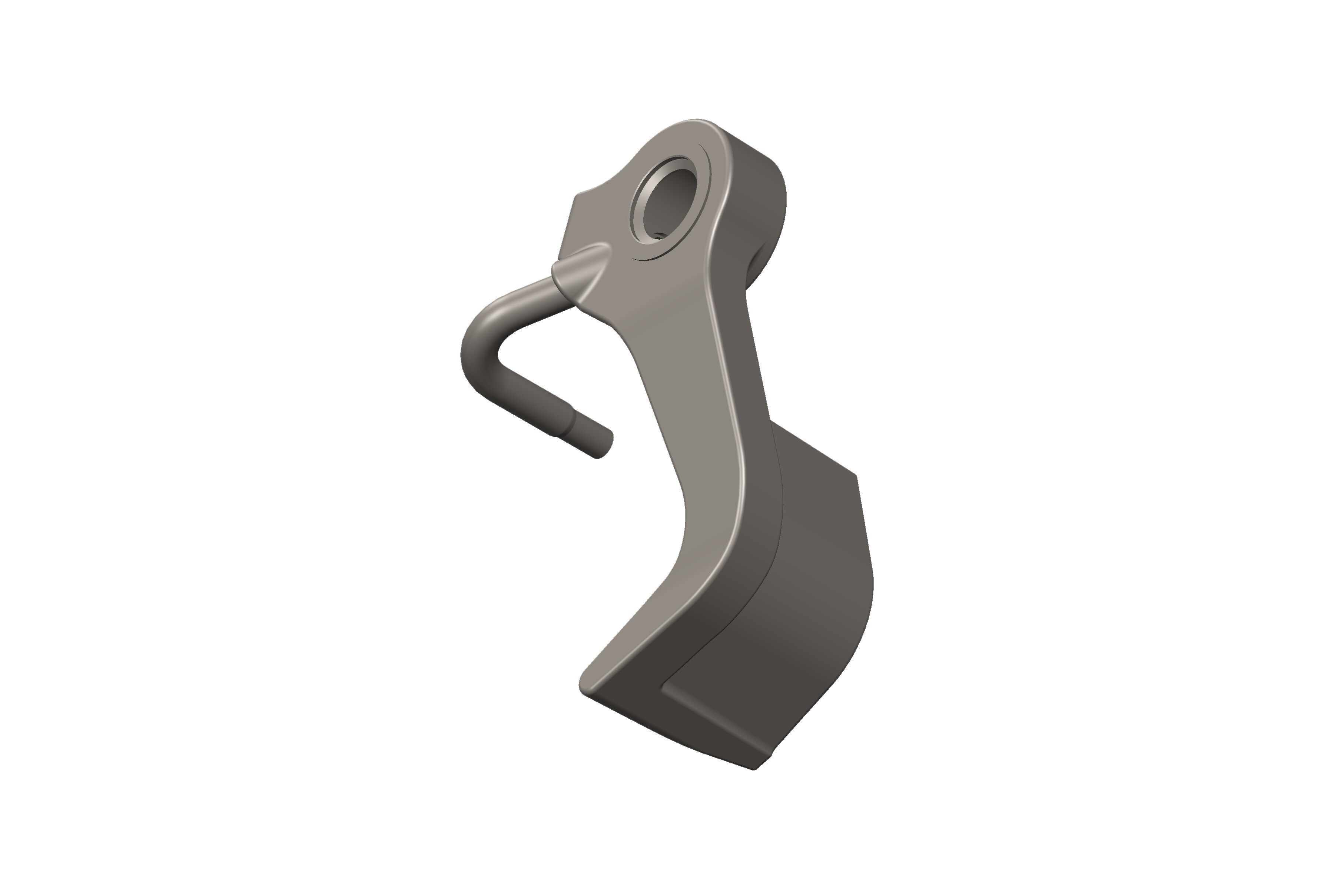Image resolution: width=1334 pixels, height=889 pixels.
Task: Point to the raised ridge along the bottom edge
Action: pyautogui.click(x=715, y=720)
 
